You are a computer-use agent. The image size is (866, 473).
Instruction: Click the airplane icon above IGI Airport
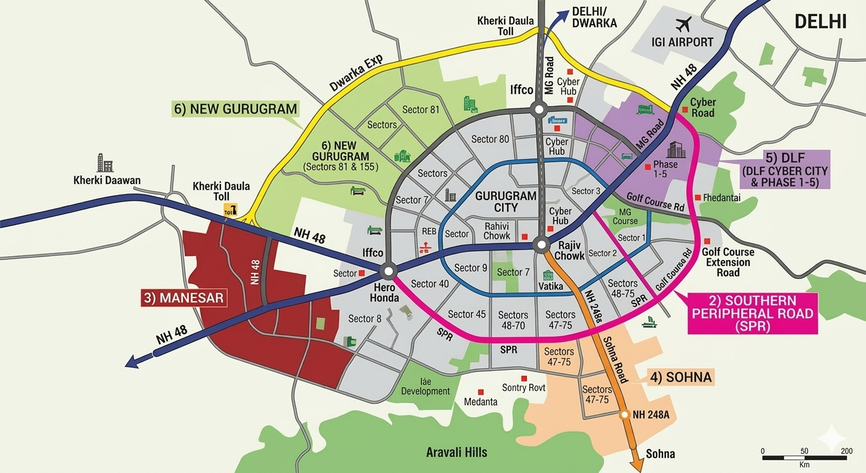point(683,25)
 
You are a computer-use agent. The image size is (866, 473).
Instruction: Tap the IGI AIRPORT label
point(682,42)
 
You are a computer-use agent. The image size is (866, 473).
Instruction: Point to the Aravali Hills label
point(457,453)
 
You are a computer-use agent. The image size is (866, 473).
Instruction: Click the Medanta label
point(481,402)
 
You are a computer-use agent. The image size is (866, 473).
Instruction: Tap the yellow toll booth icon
point(230,209)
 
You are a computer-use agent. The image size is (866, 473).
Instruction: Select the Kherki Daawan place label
point(107,180)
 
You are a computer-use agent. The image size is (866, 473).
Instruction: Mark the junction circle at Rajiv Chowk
point(541,245)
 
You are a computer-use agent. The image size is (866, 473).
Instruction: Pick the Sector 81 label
point(421,110)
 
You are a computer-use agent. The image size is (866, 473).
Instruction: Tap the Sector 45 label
point(467,314)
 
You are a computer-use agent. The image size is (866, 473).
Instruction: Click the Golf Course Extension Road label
point(728,262)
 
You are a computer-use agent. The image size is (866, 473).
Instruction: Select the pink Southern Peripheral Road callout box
point(752,313)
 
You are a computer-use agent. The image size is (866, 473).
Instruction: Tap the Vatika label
point(550,286)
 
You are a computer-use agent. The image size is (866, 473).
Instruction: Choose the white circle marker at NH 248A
point(625,414)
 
